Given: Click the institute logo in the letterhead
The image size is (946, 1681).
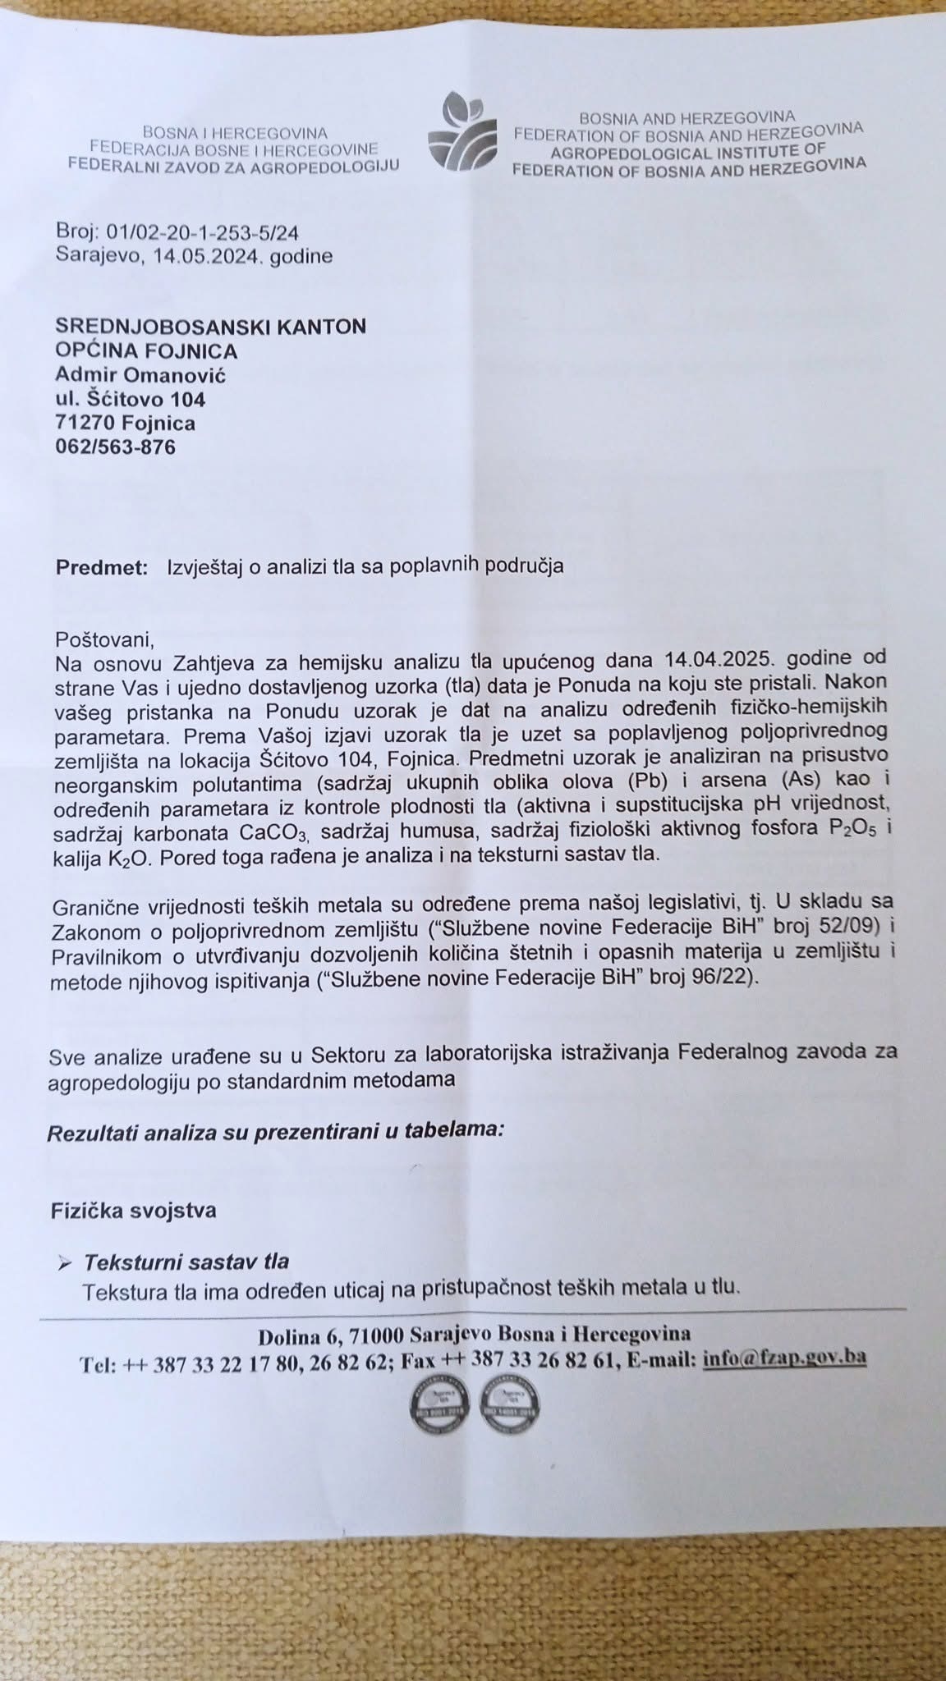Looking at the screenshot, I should click(462, 131).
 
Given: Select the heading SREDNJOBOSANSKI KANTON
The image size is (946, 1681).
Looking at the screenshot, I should click(211, 327).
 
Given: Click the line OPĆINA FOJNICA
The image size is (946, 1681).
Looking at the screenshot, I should click(146, 351).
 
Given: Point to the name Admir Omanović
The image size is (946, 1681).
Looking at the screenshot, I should click(140, 375).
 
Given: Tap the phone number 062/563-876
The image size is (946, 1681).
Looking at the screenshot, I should click(115, 447).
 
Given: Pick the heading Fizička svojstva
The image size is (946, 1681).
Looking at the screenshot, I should click(134, 1211).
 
